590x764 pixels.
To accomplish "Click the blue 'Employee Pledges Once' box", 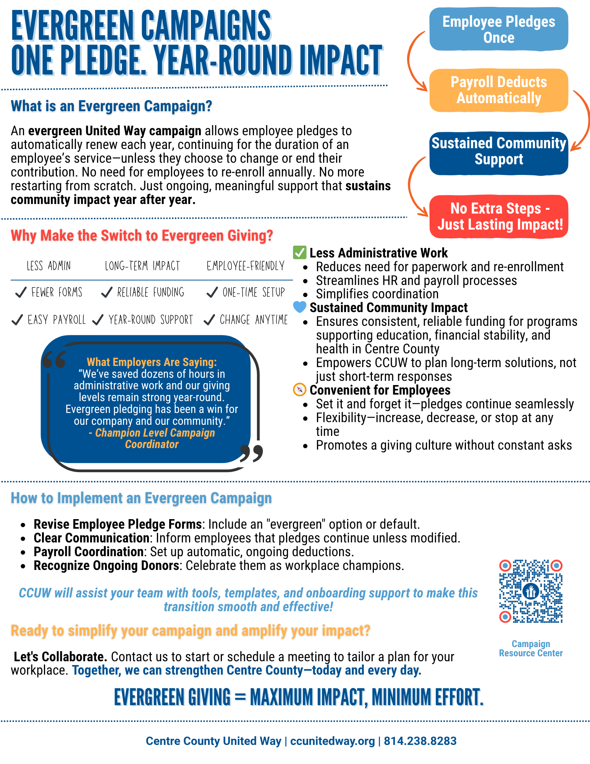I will pos(498,29).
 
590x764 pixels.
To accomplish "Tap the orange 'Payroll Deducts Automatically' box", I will pos(498,90).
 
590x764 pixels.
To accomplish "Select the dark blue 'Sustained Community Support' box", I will pos(498,152).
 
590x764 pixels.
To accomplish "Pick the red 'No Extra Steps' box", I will pos(499,217).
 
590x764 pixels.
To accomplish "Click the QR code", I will pos(531,591).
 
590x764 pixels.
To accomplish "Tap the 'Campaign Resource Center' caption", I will pos(531,648).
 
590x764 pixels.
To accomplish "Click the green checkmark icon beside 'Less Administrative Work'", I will pos(299,253).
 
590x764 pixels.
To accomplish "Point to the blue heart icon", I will pos(300,307).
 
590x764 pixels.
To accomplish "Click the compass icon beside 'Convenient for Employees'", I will pos(300,390).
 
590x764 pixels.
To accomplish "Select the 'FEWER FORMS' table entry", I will pos(57,293).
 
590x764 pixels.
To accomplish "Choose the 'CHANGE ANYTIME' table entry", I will pos(254,320).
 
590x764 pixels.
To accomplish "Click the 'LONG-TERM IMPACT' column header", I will pos(142,266).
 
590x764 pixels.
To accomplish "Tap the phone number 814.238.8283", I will pos(420,741).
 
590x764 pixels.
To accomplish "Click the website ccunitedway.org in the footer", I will pos(333,741).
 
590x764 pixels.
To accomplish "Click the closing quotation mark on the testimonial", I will pos(252,453).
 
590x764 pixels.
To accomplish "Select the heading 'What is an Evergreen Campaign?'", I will pos(112,106).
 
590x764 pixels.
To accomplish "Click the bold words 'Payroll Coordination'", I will pos(89,552).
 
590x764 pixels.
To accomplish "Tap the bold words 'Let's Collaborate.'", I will pos(60,656).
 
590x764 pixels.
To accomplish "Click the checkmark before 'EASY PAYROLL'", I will pos(17,320).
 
